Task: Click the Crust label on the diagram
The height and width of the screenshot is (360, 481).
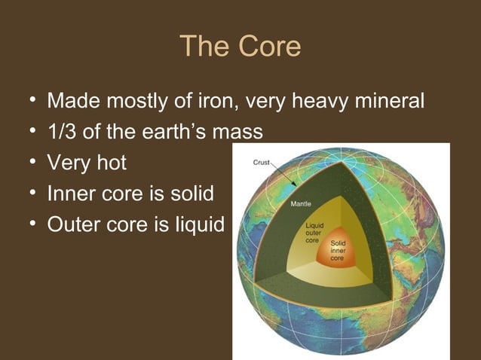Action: [x=260, y=161]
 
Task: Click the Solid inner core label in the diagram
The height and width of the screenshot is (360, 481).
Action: [x=339, y=251]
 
